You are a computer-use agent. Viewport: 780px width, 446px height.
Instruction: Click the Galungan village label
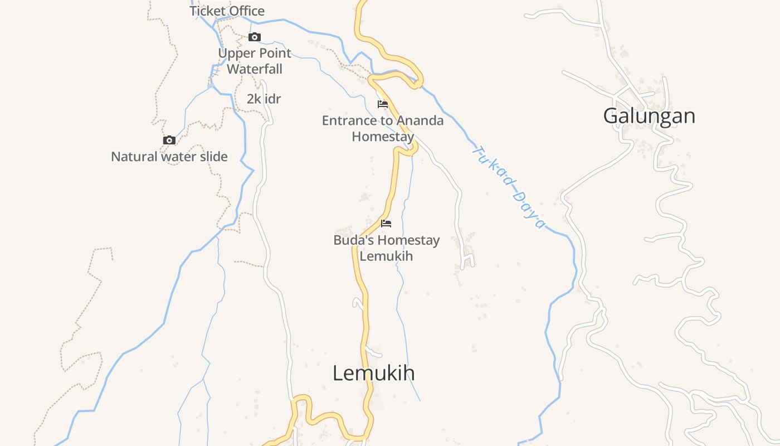(x=649, y=116)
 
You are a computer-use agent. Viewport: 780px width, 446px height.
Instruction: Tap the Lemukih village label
(x=373, y=373)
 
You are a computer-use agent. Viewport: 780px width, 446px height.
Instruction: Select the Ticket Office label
(x=227, y=11)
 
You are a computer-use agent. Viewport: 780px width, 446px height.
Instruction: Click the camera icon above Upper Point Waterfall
(x=255, y=37)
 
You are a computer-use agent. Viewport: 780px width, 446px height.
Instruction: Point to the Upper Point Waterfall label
(x=255, y=61)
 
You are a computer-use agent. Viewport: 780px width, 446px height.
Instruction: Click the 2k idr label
(x=264, y=99)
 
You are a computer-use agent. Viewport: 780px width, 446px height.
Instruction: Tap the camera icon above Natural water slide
(x=169, y=140)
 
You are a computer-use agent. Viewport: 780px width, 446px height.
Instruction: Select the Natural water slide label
(x=169, y=157)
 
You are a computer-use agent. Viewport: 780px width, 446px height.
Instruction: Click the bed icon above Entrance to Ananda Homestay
(x=383, y=104)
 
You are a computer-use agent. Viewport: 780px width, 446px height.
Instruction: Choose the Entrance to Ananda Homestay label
(x=383, y=128)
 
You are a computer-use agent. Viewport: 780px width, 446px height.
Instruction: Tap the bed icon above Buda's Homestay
(x=386, y=224)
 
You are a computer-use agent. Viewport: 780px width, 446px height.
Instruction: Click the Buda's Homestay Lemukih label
(x=386, y=248)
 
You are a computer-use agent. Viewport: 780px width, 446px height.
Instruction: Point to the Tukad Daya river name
(x=508, y=187)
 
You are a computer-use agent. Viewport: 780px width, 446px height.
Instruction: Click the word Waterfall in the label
(x=255, y=69)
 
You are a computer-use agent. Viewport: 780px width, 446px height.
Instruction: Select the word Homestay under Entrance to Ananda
(x=383, y=137)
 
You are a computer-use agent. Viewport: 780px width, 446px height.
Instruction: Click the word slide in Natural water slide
(x=213, y=157)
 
